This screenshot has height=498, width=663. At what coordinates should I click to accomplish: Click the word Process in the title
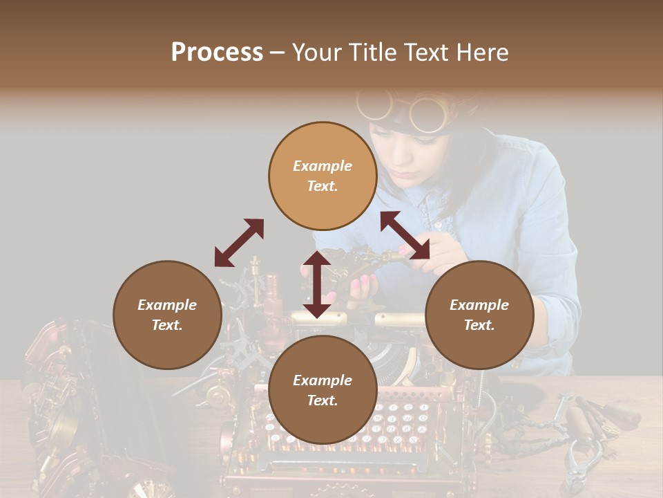pos(217,53)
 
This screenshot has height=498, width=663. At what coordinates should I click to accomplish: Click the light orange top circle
pos(323,176)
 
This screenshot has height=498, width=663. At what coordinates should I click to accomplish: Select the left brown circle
pos(167,315)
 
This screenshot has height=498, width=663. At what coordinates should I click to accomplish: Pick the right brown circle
pos(479,315)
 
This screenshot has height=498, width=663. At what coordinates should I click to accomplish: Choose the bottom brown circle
pos(323,390)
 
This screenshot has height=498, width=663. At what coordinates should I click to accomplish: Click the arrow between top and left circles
pos(239,243)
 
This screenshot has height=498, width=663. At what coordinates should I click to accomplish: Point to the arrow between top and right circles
pos(405,235)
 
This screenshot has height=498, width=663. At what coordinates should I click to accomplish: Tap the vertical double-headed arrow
pos(317,284)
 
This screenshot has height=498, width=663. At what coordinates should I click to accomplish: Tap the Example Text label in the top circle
pos(323,176)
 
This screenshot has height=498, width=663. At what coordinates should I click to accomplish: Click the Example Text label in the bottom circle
pos(323,390)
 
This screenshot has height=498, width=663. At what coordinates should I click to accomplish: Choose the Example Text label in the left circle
pos(167,315)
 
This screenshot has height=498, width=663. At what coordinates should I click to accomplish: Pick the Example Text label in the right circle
pos(479,315)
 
